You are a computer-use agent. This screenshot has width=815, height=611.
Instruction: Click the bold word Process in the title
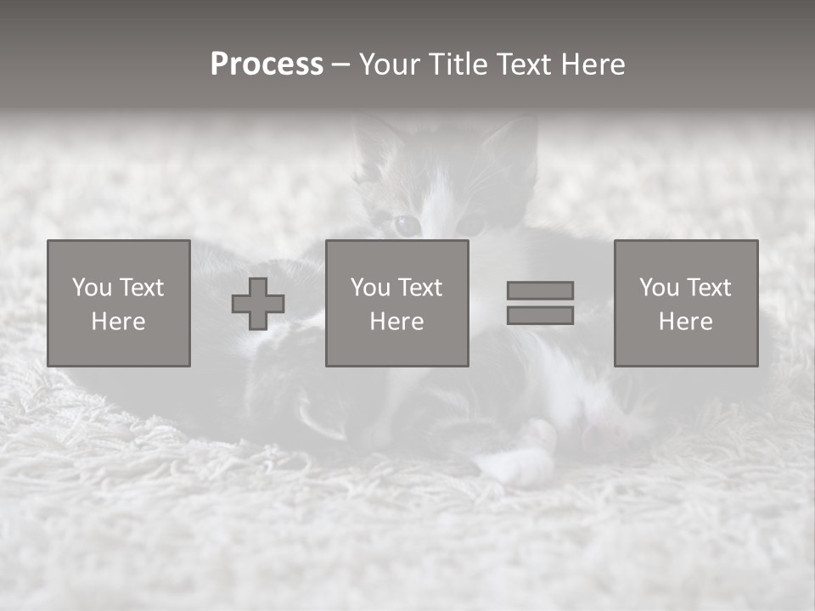pyautogui.click(x=267, y=64)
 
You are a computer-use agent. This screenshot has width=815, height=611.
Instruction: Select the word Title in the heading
pyautogui.click(x=459, y=64)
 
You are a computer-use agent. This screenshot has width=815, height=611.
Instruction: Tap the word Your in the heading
pyautogui.click(x=391, y=64)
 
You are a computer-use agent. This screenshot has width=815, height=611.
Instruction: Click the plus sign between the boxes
pyautogui.click(x=258, y=304)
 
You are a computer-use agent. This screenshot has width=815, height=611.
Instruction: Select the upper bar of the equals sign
pyautogui.click(x=540, y=290)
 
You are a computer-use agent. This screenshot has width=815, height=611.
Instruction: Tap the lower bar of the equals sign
pyautogui.click(x=540, y=316)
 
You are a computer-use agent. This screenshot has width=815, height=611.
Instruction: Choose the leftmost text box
pyautogui.click(x=118, y=303)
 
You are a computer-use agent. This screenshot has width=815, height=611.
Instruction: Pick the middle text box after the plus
pyautogui.click(x=396, y=303)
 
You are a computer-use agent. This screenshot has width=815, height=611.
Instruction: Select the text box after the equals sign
pyautogui.click(x=685, y=303)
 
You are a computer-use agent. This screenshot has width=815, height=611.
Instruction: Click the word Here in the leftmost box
pyautogui.click(x=118, y=322)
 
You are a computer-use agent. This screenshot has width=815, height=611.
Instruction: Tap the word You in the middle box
pyautogui.click(x=370, y=288)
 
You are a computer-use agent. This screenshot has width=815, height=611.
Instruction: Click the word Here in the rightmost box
pyautogui.click(x=685, y=322)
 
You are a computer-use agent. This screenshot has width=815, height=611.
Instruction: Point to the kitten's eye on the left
pyautogui.click(x=407, y=225)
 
